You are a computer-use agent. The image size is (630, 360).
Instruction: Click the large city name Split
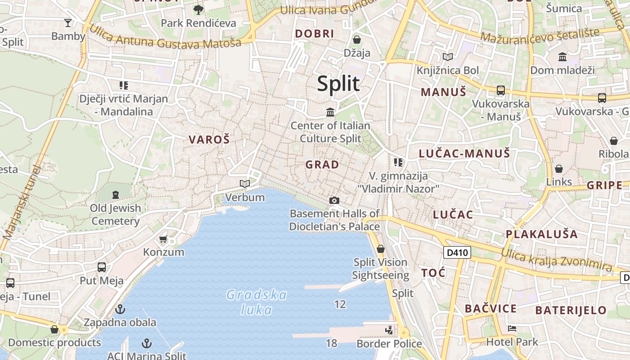tap(338, 84)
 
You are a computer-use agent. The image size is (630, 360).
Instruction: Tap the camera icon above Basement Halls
tap(334, 200)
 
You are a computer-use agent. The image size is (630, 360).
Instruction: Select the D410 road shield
tap(457, 252)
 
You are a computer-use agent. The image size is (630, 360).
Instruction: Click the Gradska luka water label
tap(256, 302)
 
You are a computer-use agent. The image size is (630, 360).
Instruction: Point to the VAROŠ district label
tap(209, 139)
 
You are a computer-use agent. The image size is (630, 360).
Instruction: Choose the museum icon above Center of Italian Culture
tap(330, 112)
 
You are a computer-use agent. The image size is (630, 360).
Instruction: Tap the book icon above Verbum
tap(245, 184)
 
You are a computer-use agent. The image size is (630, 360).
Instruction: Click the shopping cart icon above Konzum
tap(163, 239)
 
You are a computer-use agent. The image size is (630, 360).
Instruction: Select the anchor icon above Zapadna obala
tap(120, 309)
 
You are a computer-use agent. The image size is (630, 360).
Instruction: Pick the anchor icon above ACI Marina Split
tap(146, 344)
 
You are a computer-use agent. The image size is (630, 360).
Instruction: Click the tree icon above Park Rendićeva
tap(198, 9)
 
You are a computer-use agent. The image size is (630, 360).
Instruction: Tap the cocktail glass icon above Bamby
tap(68, 22)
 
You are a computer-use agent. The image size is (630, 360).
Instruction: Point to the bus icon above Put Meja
tap(102, 267)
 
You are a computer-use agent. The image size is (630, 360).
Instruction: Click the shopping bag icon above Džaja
tap(357, 40)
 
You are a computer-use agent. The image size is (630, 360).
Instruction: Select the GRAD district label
tap(322, 165)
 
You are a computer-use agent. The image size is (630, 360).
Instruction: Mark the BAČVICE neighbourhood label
tap(490, 309)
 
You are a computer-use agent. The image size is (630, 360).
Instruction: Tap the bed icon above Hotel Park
tap(512, 328)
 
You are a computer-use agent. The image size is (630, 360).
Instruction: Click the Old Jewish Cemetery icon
tap(116, 195)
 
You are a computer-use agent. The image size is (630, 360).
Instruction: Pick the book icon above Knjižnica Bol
tap(448, 57)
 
